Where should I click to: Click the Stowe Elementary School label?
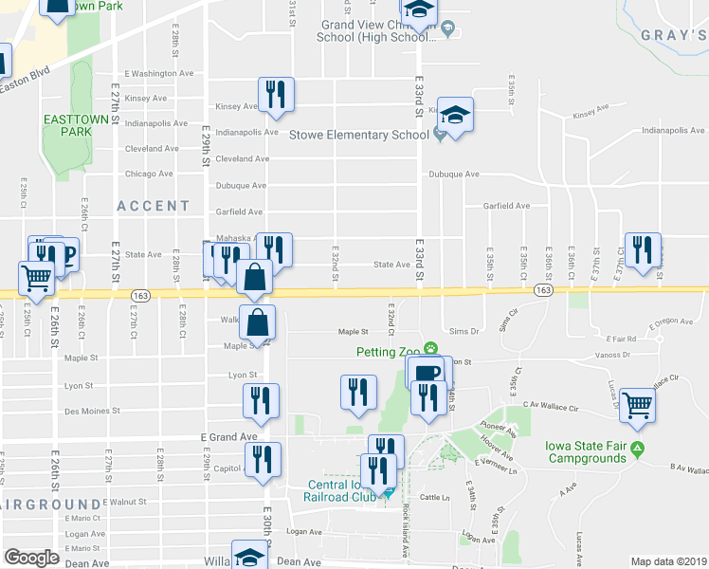[359, 135]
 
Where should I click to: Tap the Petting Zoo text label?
[389, 352]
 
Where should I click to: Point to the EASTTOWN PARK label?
[67, 126]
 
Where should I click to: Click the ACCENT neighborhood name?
[154, 206]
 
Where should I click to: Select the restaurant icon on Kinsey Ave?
[276, 94]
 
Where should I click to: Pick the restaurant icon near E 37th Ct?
[643, 250]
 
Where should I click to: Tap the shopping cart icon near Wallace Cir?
[638, 403]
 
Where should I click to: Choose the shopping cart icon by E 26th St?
[36, 278]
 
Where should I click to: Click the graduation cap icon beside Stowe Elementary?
[456, 116]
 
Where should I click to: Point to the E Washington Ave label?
[158, 73]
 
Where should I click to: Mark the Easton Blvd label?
[27, 83]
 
